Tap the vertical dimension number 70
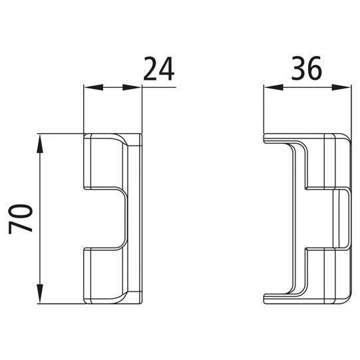click(22, 218)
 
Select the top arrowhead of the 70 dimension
click(41, 140)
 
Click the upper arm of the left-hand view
click(103, 163)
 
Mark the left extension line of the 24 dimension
click(83, 110)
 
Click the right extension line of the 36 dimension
click(350, 110)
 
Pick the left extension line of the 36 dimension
click(264, 110)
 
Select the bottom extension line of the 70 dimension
click(60, 304)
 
